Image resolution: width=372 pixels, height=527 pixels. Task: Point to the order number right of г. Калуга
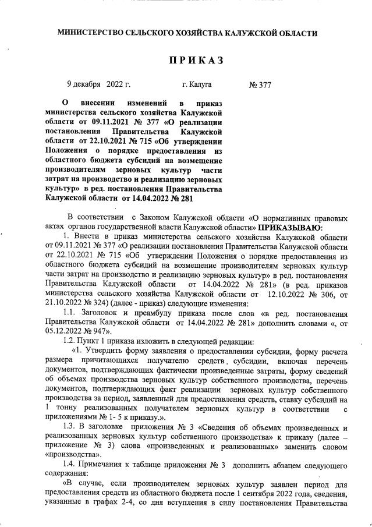point(260,85)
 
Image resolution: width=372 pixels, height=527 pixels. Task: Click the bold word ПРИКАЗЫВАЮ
point(289,227)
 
